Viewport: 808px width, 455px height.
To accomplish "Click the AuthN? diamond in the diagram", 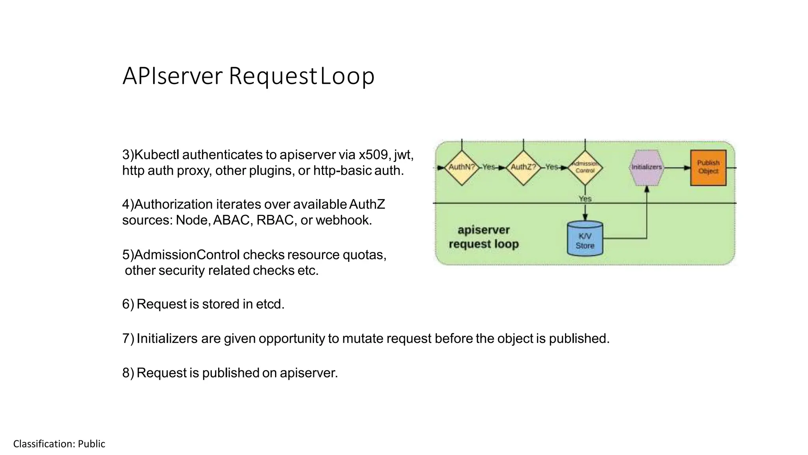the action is coord(462,167).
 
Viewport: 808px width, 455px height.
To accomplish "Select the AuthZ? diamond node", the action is coord(523,167).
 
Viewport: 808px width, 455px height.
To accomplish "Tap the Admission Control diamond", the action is coord(585,167).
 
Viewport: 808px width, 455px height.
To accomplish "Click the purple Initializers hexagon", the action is coord(646,167).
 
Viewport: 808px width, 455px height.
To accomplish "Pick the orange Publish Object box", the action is coord(708,167).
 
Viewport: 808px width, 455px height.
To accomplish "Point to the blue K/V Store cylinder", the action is coord(585,239).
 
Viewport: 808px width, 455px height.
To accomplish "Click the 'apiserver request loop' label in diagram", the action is coord(484,237).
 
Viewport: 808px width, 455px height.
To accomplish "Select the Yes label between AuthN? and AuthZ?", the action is coord(488,167).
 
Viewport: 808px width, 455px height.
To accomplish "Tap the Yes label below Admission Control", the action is coord(585,199).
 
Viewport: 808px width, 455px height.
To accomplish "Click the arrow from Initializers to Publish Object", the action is coord(677,168).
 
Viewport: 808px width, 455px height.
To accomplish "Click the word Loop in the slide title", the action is coord(347,76).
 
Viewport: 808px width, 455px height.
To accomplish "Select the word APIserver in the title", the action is coord(172,76).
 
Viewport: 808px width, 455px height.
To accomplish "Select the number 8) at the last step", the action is coord(128,373).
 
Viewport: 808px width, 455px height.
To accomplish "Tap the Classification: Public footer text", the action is coord(59,444).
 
